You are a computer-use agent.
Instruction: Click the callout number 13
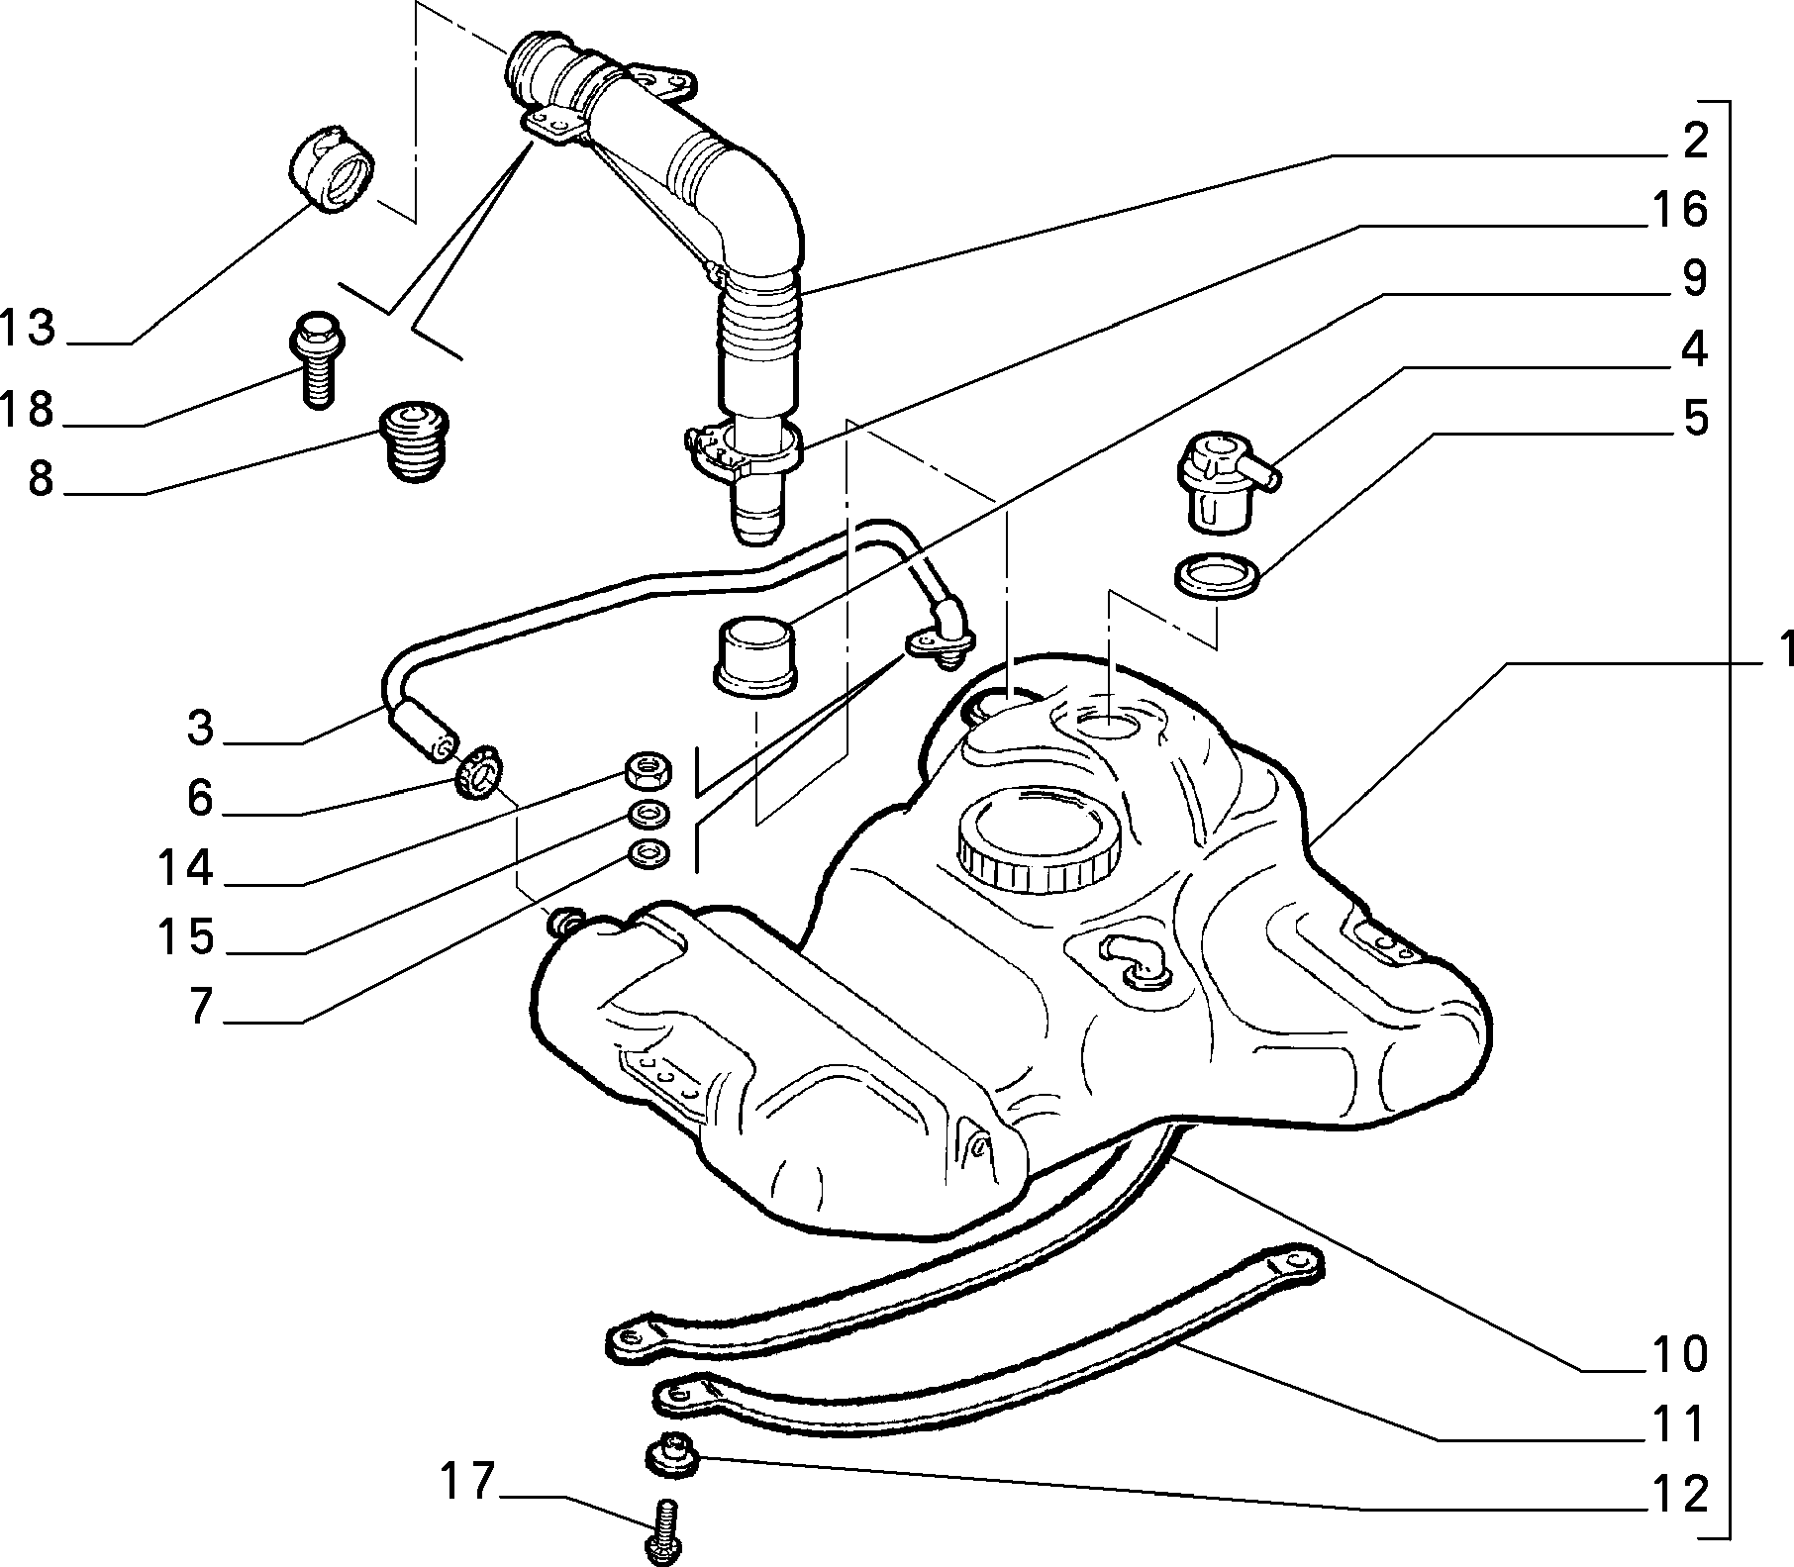click(28, 327)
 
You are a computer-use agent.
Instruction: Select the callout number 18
click(28, 409)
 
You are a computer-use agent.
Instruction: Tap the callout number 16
click(1679, 209)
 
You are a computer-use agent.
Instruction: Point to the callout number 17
click(466, 1482)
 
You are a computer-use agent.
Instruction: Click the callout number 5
click(1695, 418)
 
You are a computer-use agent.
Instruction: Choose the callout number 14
click(186, 868)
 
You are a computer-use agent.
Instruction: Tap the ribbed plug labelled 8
click(415, 442)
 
